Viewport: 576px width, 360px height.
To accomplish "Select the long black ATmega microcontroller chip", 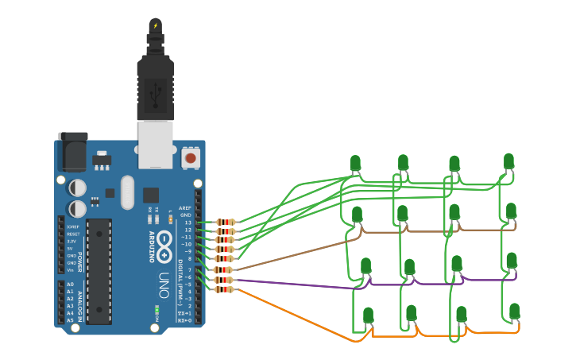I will tap(99, 270).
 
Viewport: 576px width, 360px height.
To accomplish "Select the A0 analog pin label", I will tap(70, 284).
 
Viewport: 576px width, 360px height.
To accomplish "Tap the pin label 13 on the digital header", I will tap(187, 223).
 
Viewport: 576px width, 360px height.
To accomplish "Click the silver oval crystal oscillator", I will tap(127, 192).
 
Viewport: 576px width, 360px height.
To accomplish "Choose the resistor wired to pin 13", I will tap(226, 223).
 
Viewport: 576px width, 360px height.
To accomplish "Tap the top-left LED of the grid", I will tap(355, 164).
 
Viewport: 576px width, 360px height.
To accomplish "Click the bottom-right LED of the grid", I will tap(515, 311).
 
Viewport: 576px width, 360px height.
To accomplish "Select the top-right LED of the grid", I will tap(508, 161).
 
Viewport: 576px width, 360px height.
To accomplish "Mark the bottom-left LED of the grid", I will tap(369, 315).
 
